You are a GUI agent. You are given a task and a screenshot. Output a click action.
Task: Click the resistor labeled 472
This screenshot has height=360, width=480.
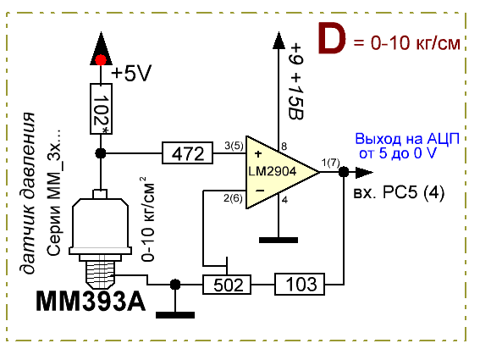coord(187,152)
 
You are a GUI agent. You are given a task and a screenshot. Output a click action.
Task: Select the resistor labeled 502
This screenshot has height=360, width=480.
coord(227,285)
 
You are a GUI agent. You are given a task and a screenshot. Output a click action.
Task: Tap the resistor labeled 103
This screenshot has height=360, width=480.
coord(300,284)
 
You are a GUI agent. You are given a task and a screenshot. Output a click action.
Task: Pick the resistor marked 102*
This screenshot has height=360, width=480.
coord(101,108)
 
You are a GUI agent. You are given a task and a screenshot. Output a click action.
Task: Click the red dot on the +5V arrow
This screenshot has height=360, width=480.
coord(101,60)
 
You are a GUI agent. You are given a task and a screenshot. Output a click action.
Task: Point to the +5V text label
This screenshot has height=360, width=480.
coord(131,74)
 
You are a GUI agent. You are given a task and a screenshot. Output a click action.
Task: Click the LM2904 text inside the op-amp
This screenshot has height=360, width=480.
coord(272,171)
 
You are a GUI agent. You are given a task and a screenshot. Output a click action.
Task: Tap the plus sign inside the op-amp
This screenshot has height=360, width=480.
coord(258,153)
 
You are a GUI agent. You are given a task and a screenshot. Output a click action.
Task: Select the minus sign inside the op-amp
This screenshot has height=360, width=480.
coord(260,191)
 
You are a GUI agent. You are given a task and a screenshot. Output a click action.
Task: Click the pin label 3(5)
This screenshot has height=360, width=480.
coord(234,146)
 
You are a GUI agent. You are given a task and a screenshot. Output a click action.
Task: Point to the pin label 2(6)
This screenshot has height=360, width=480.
coord(233,198)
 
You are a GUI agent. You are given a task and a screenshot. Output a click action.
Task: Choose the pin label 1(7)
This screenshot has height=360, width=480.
coord(331,163)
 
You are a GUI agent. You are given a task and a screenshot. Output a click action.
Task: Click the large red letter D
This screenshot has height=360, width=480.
coord(332,38)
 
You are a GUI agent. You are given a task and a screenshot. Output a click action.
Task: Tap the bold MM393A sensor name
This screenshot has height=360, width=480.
coord(91,302)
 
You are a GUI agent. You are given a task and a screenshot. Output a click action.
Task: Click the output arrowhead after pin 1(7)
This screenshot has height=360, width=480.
coord(364,172)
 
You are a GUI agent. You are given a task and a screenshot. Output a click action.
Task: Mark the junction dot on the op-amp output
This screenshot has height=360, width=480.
coord(344,172)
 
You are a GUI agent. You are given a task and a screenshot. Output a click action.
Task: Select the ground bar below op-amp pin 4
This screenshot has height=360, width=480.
coord(279,240)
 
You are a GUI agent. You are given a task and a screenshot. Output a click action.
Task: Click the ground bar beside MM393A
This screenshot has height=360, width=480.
coord(175,315)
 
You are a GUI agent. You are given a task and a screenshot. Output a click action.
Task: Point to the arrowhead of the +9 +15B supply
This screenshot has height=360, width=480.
coord(279,40)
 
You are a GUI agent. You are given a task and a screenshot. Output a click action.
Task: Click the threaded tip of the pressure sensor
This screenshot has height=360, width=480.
coord(100,274)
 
